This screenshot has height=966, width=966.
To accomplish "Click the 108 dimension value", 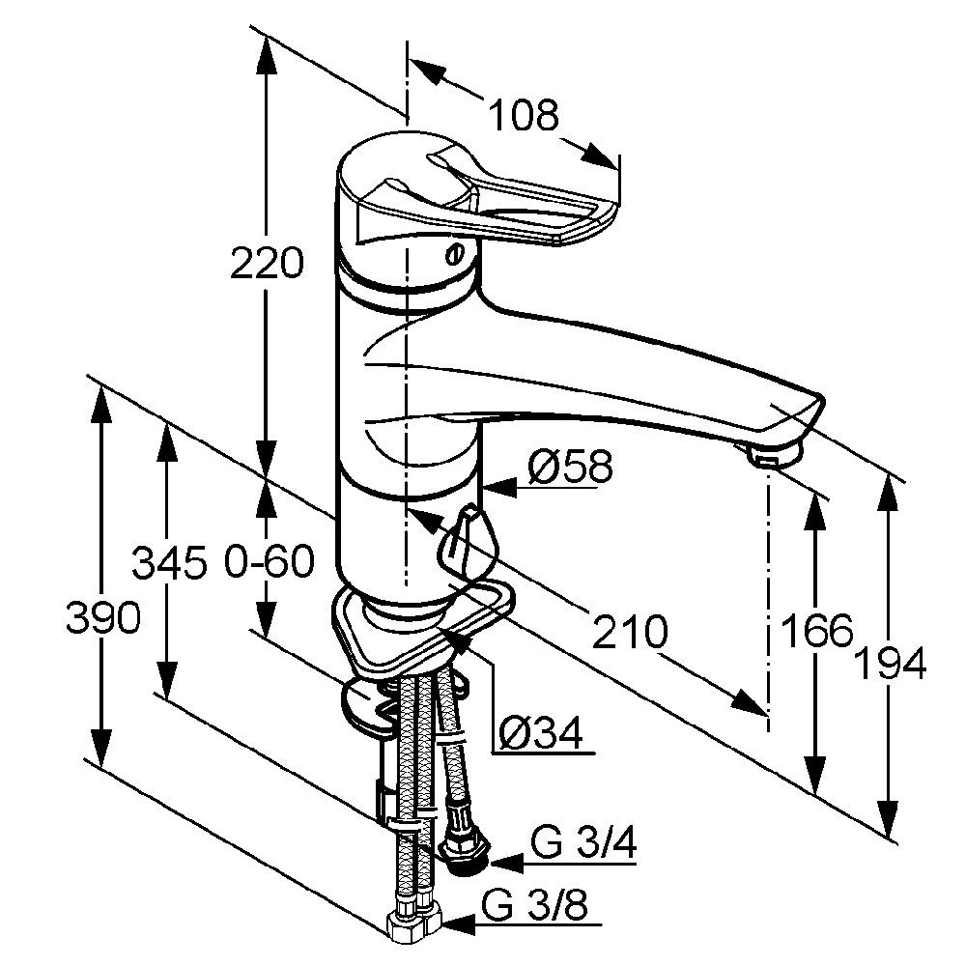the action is pyautogui.click(x=525, y=115).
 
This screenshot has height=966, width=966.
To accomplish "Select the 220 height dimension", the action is pyautogui.click(x=267, y=262).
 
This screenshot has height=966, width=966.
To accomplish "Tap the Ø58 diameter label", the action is pyautogui.click(x=571, y=466).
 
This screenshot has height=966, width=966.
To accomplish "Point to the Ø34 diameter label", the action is pyautogui.click(x=540, y=733).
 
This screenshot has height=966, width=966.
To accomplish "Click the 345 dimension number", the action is pyautogui.click(x=169, y=562).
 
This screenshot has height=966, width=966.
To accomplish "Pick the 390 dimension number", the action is pyautogui.click(x=103, y=618).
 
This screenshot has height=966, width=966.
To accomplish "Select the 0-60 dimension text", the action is pyautogui.click(x=270, y=562).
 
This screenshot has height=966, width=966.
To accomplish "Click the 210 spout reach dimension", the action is pyautogui.click(x=629, y=632).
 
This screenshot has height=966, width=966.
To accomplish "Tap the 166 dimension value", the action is pyautogui.click(x=816, y=630).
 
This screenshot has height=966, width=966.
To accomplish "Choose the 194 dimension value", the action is pyautogui.click(x=892, y=664).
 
